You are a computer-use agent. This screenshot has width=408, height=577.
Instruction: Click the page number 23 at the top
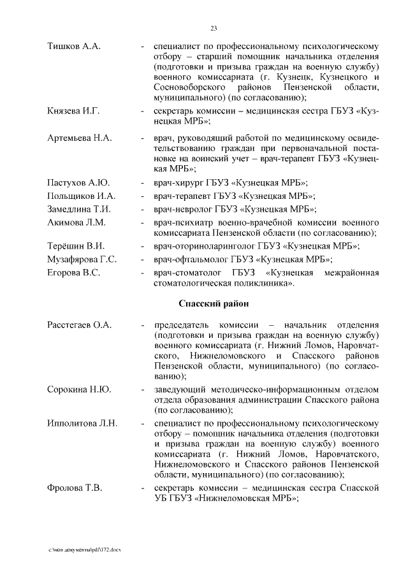click(214, 27)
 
